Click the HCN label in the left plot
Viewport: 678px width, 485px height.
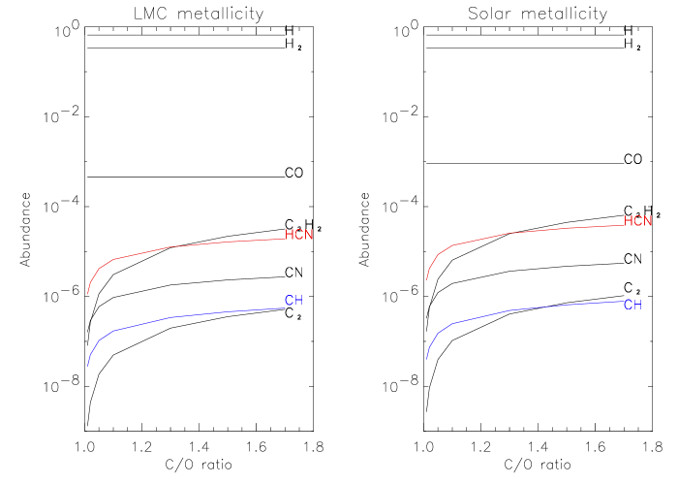tap(299, 235)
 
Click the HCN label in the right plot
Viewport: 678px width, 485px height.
tap(638, 221)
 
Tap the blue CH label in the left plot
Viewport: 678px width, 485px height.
tap(293, 301)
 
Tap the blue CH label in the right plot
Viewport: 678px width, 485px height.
tap(632, 305)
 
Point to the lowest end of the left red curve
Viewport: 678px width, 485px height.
tap(88, 293)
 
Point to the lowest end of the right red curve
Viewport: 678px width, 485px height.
tap(427, 279)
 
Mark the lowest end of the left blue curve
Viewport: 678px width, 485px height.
tap(88, 365)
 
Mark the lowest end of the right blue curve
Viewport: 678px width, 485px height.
tap(427, 359)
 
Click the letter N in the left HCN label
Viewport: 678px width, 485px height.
tap(309, 235)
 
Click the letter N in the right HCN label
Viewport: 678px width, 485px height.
tap(648, 221)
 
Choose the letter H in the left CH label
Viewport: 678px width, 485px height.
tap(298, 301)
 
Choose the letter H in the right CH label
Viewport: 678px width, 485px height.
tap(637, 305)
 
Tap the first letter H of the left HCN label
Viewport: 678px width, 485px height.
tap(290, 235)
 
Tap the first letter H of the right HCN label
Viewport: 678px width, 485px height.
tap(629, 221)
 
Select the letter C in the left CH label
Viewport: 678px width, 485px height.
tap(289, 301)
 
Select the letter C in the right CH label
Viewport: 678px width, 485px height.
tap(628, 305)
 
